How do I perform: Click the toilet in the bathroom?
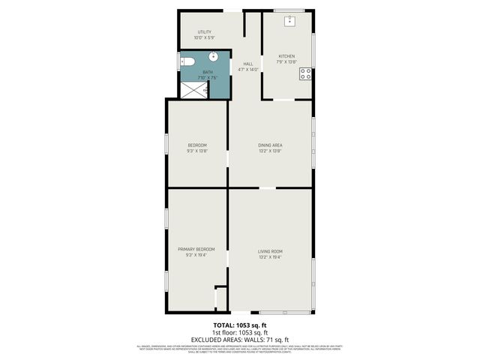click(188, 61)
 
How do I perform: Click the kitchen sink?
click(289, 21)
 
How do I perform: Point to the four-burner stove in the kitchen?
click(305, 73)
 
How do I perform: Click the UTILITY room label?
click(205, 32)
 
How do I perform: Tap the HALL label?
click(247, 64)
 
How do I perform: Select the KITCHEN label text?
click(286, 56)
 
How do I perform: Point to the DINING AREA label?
click(271, 145)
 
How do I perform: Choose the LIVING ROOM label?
click(270, 251)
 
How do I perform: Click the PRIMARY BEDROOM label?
click(196, 249)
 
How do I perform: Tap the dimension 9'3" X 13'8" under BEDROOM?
click(196, 151)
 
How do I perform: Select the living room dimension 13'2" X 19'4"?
click(270, 257)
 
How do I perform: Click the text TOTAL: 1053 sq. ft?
click(240, 325)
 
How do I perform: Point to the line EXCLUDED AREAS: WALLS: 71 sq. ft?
click(240, 340)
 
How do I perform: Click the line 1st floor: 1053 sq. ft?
click(240, 332)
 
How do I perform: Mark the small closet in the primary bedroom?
click(220, 298)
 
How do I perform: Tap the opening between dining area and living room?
click(267, 187)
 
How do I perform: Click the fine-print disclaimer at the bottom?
click(240, 349)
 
